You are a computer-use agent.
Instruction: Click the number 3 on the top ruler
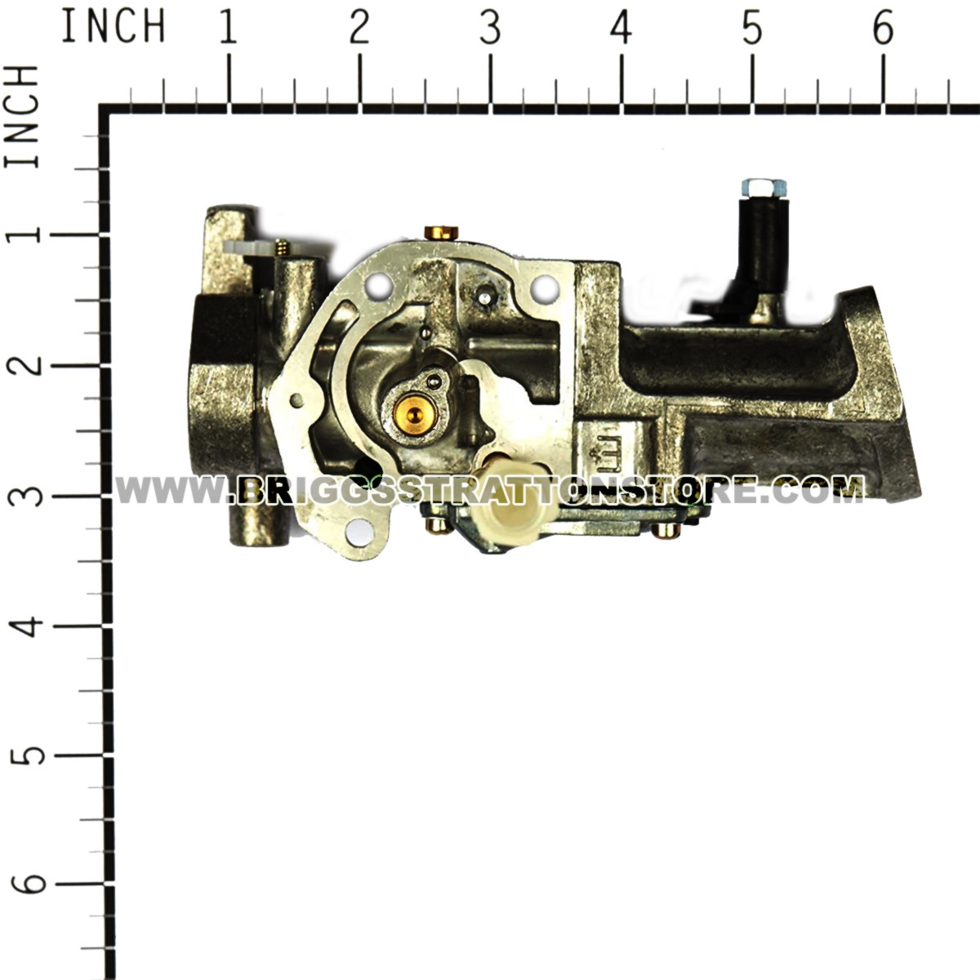point(490,29)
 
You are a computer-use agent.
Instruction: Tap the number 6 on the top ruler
point(882,29)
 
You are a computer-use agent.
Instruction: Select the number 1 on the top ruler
point(228,29)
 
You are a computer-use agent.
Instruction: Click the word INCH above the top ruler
point(113,26)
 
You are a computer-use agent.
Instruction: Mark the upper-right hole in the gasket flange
point(540,287)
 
